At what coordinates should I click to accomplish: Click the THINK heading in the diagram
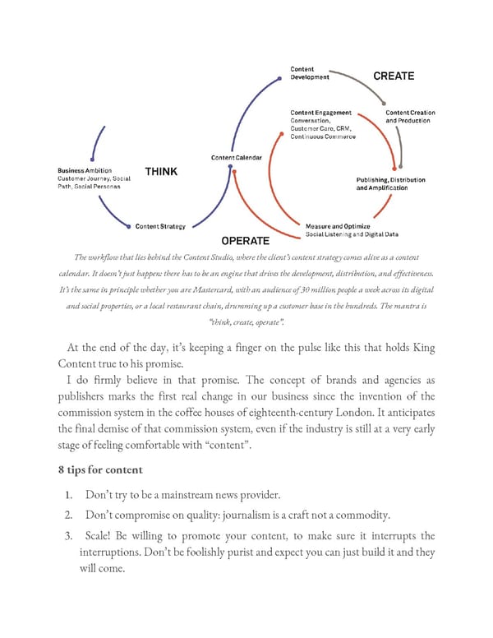pos(161,172)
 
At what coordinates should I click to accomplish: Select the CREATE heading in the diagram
pos(394,76)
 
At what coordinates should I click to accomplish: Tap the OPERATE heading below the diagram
pos(245,241)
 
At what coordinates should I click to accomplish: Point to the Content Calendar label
pos(236,157)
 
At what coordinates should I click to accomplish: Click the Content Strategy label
pos(160,226)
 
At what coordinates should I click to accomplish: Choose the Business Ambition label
pos(85,170)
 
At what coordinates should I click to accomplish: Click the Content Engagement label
pos(320,113)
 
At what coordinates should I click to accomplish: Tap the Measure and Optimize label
pos(338,226)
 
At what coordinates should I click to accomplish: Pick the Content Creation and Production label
pos(410,117)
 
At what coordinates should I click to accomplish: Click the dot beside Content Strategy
pos(130,226)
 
